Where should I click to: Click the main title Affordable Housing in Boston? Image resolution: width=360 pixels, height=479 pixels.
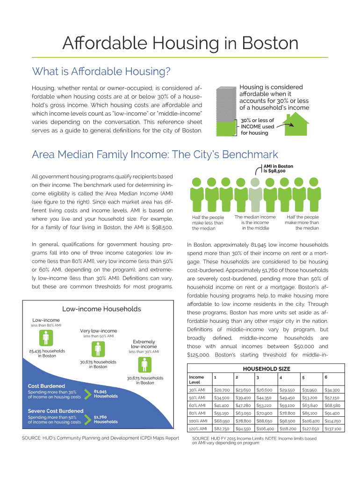[180, 44]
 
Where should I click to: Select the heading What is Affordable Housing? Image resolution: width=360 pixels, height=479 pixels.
[101, 72]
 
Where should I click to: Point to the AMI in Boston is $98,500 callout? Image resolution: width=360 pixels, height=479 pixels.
[278, 168]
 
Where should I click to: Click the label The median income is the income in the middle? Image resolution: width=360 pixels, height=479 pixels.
[255, 223]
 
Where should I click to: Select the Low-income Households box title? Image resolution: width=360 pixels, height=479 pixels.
[101, 309]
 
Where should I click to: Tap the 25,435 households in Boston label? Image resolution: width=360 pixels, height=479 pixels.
[47, 353]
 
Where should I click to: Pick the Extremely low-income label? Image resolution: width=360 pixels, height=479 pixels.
[144, 344]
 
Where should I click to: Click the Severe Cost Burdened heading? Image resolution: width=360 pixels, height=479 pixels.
[56, 411]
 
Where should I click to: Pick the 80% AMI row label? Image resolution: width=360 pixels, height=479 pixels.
[197, 413]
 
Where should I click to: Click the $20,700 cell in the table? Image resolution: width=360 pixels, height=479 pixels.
[221, 390]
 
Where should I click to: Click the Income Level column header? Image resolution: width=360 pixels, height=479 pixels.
[196, 379]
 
